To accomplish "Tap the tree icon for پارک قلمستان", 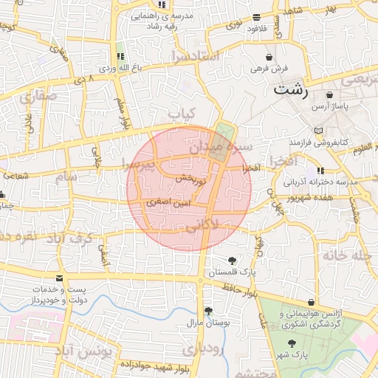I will (x=233, y=260).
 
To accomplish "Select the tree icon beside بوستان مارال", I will (x=208, y=311).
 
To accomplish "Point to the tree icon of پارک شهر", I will (x=292, y=343).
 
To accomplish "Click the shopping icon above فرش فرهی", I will (x=271, y=56).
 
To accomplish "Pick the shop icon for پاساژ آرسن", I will (x=329, y=95).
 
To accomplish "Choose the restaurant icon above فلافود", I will (x=256, y=17).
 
